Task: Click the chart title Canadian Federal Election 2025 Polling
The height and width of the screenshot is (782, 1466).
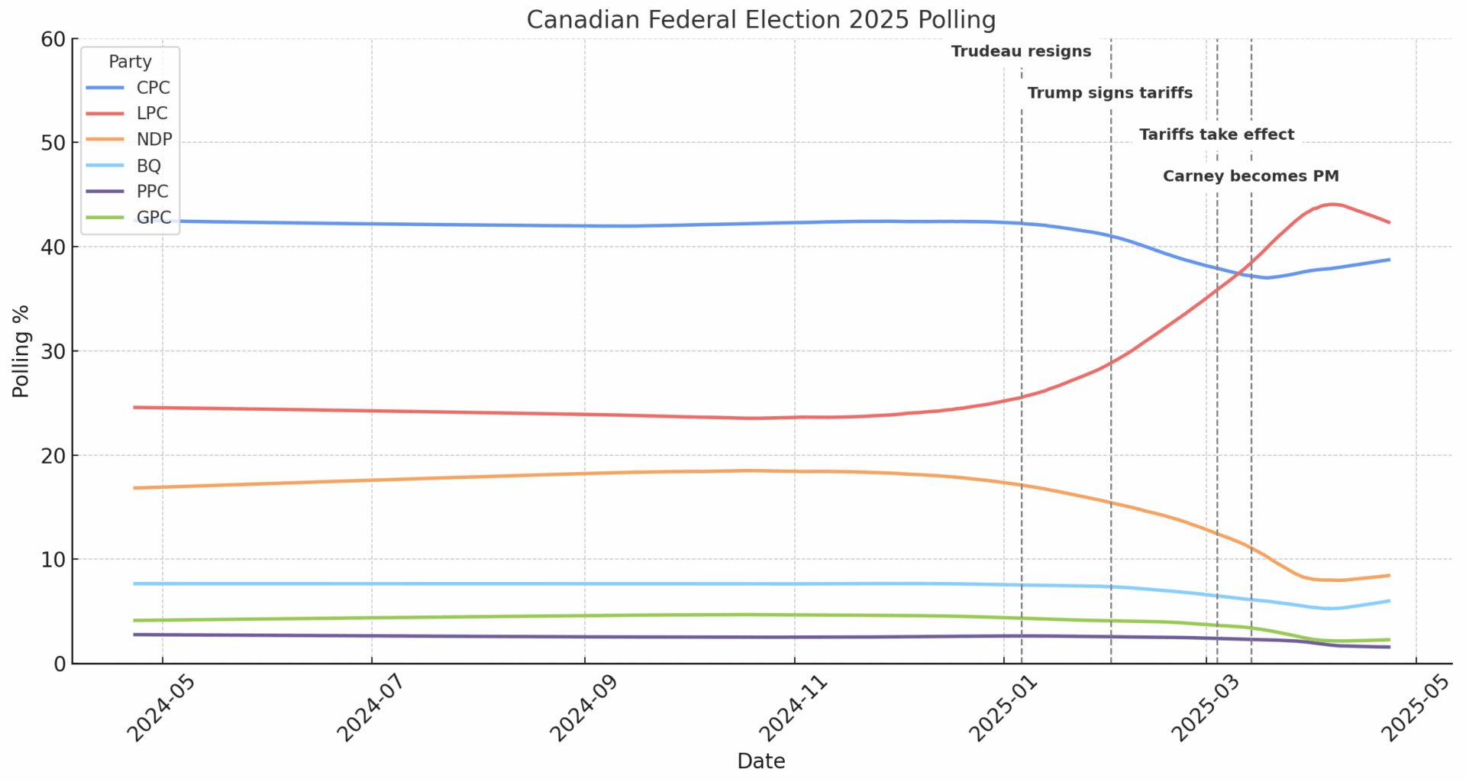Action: point(760,19)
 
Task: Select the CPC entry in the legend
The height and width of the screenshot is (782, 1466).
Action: point(153,88)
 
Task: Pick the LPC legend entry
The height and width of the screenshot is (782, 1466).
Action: point(152,114)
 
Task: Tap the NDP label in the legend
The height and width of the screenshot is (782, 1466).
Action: point(154,140)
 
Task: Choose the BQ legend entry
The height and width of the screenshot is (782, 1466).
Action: point(148,166)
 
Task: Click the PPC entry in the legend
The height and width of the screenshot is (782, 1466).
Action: point(152,192)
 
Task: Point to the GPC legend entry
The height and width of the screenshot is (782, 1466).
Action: point(153,218)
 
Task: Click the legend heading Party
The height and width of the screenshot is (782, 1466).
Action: point(130,62)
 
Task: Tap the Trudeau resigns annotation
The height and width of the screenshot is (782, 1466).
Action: point(1021,52)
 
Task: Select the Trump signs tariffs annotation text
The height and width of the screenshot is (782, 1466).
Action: point(1109,93)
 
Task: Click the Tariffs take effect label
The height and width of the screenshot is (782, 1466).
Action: point(1216,135)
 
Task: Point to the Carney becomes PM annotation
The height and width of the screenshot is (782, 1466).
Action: point(1251,176)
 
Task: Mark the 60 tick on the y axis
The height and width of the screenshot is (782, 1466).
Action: point(53,39)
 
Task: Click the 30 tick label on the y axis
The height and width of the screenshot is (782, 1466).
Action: point(53,351)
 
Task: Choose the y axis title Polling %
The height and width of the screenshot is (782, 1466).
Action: point(21,351)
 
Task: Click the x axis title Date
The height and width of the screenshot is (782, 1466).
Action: point(760,761)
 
